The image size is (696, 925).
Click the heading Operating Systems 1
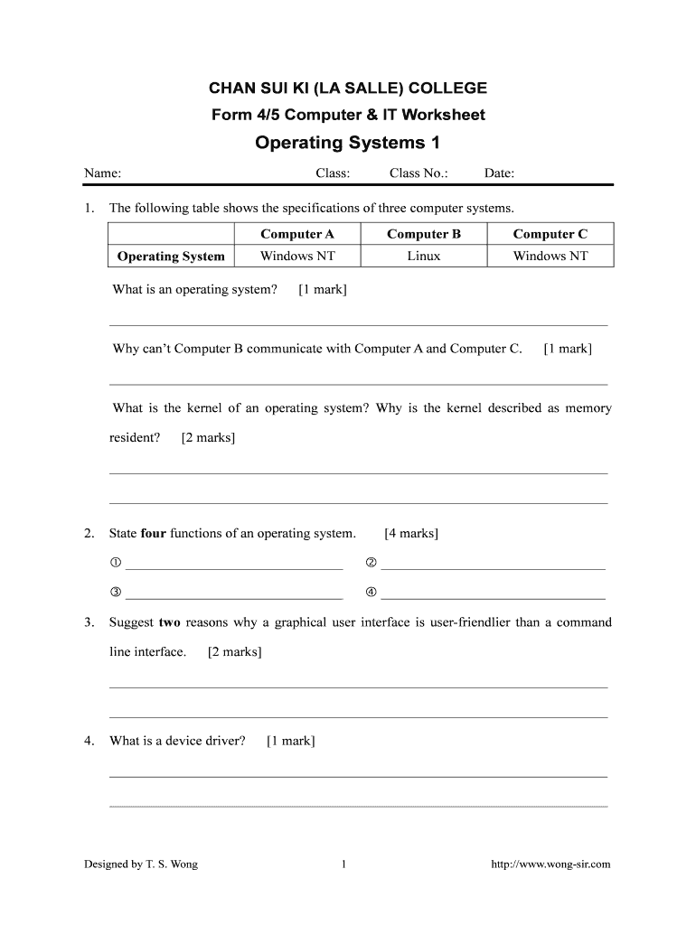click(348, 143)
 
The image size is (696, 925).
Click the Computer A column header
click(297, 234)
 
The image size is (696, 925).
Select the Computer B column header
click(424, 234)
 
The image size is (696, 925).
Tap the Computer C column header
click(550, 234)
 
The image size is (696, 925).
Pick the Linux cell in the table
click(424, 257)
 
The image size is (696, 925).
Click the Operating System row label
click(171, 257)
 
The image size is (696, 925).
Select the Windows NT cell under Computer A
click(297, 257)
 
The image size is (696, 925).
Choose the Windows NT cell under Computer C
click(550, 257)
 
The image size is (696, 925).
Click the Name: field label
click(103, 173)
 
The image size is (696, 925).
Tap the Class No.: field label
click(419, 173)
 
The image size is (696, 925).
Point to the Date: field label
click(499, 173)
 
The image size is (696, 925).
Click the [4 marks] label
click(411, 534)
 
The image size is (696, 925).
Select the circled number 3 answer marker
click(116, 593)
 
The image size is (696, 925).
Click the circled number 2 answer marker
click(371, 564)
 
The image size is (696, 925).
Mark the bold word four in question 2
click(154, 534)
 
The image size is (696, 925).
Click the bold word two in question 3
click(170, 622)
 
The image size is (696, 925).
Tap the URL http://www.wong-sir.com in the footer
click(550, 864)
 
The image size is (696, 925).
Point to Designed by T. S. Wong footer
click(141, 864)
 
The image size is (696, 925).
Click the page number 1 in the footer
click(344, 864)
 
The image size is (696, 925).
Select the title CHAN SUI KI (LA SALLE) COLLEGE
click(348, 89)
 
